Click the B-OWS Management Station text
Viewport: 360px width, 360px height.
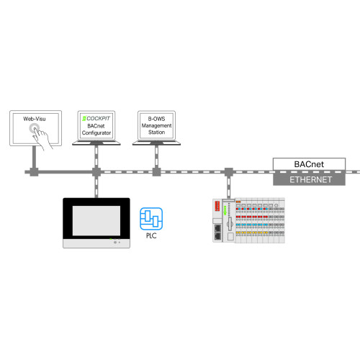156,125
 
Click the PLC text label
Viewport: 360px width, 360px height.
151,234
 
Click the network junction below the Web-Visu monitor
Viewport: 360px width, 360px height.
33,173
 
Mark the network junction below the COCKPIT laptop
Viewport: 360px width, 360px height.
95,173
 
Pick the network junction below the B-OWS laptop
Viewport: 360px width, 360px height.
156,173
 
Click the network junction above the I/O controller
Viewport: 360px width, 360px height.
228,173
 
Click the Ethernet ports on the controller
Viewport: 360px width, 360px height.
217,232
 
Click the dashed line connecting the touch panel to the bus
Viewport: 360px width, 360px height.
95,186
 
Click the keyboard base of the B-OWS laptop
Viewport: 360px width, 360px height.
156,143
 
